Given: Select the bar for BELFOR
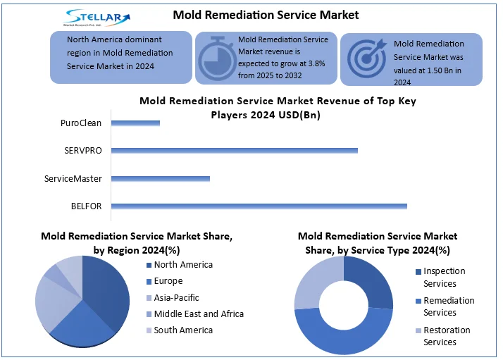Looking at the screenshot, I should [x=259, y=206].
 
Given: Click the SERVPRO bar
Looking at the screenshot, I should [x=235, y=150].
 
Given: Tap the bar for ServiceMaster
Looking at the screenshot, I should [x=161, y=178].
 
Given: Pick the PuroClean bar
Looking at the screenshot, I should [x=135, y=123].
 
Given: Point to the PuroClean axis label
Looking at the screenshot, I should [x=81, y=123].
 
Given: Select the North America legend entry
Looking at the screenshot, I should [x=182, y=265].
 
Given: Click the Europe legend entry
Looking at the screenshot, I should [x=168, y=281].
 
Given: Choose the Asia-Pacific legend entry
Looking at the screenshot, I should [x=176, y=297].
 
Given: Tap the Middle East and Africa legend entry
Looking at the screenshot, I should [x=198, y=314].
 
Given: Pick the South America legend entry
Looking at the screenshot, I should [x=182, y=330].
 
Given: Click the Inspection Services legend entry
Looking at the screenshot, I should [x=444, y=277].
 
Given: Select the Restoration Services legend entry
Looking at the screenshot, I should [x=447, y=336].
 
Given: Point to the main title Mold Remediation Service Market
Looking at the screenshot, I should [x=266, y=14].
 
